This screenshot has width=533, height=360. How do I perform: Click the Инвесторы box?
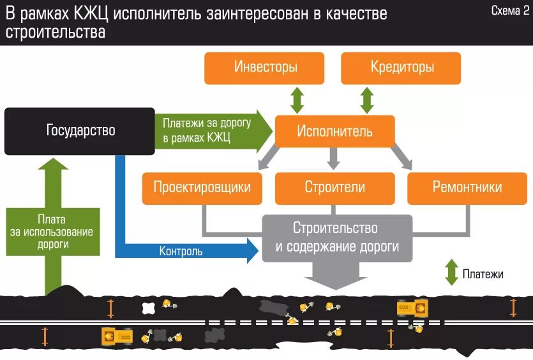(x=264, y=68)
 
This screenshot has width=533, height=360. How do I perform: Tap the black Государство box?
(x=80, y=131)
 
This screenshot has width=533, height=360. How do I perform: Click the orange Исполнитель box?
(x=334, y=131)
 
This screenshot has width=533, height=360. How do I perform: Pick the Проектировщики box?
(x=202, y=188)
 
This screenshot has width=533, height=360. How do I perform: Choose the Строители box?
(x=334, y=188)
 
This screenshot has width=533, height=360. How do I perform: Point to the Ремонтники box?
(x=467, y=188)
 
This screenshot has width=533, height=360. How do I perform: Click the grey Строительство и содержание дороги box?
(x=337, y=237)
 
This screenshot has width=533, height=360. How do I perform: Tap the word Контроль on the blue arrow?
(x=181, y=251)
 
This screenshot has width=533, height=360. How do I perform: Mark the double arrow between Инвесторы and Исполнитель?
(x=297, y=100)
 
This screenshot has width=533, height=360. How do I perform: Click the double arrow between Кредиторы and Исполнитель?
(x=367, y=100)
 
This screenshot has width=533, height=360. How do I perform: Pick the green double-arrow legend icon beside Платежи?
(x=451, y=273)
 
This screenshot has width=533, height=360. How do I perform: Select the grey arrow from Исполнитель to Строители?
(x=333, y=158)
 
